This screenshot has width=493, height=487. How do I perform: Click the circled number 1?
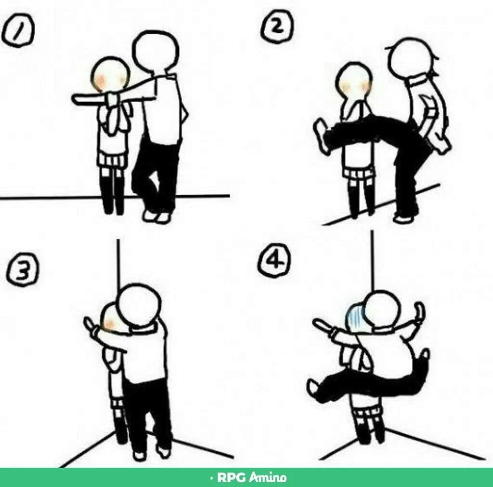tap(18, 30)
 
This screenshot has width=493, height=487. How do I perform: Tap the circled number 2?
tap(277, 27)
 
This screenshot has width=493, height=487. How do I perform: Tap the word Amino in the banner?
tap(268, 477)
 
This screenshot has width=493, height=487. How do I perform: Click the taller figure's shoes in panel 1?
tap(157, 216)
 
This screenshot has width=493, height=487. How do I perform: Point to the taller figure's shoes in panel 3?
tap(152, 453)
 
